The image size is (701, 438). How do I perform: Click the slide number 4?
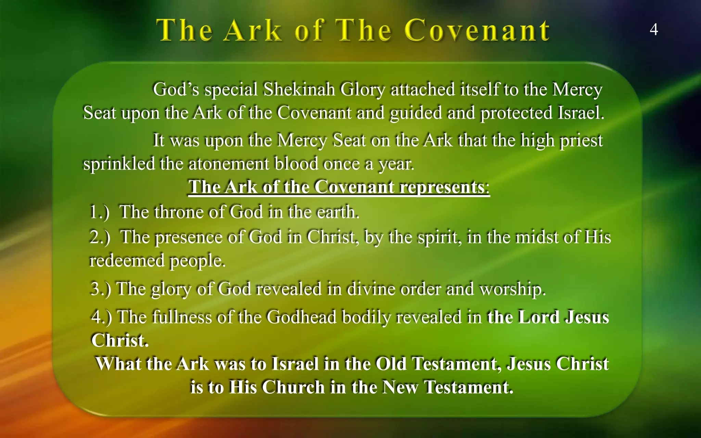point(653,30)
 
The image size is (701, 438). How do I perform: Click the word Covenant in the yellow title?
point(477,31)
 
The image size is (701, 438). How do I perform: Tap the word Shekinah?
point(299,90)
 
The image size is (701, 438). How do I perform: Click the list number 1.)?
point(99,212)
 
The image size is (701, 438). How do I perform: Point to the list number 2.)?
point(100,237)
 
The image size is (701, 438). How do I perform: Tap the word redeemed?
point(127,261)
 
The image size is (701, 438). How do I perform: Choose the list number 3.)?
point(101,289)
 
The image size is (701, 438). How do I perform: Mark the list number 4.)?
point(101,317)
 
